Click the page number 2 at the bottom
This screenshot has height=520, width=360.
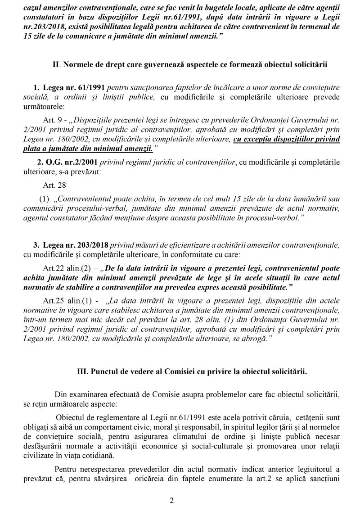click(x=171, y=500)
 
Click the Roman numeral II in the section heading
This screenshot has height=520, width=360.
click(x=56, y=64)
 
